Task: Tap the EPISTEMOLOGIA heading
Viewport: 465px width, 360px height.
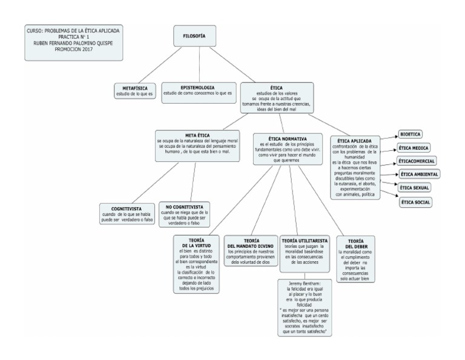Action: coord(197,87)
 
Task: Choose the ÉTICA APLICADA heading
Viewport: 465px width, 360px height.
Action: coord(354,140)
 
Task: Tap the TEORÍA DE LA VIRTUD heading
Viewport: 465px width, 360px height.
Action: coord(195,242)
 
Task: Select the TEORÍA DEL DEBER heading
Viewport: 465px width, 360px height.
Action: coord(357,244)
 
